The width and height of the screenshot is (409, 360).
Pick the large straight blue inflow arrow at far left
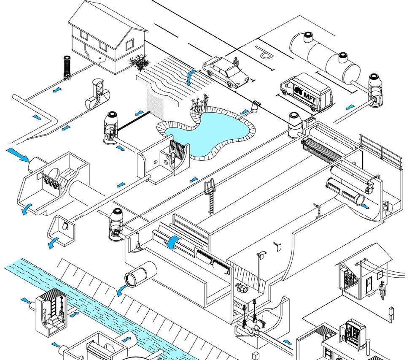tap(18, 154)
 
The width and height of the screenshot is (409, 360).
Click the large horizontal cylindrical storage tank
tap(325, 55)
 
